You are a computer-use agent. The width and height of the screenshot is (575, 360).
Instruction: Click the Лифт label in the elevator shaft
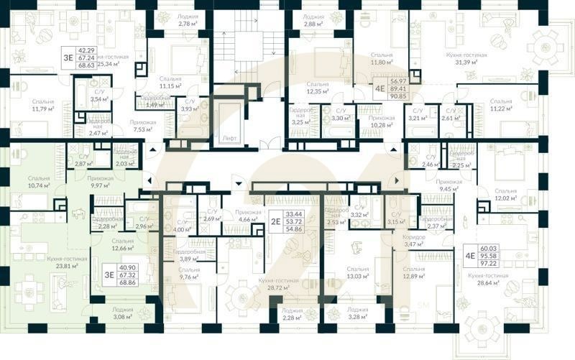229,137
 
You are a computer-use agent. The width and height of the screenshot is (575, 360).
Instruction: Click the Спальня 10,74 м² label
39,181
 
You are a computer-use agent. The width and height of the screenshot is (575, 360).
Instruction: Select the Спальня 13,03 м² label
357,272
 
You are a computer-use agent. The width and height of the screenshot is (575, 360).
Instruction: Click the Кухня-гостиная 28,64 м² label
488,279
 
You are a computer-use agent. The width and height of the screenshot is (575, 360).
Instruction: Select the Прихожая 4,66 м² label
248,216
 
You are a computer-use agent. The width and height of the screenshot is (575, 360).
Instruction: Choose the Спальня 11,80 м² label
376,58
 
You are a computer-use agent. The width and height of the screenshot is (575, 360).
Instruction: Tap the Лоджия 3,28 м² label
357,313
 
